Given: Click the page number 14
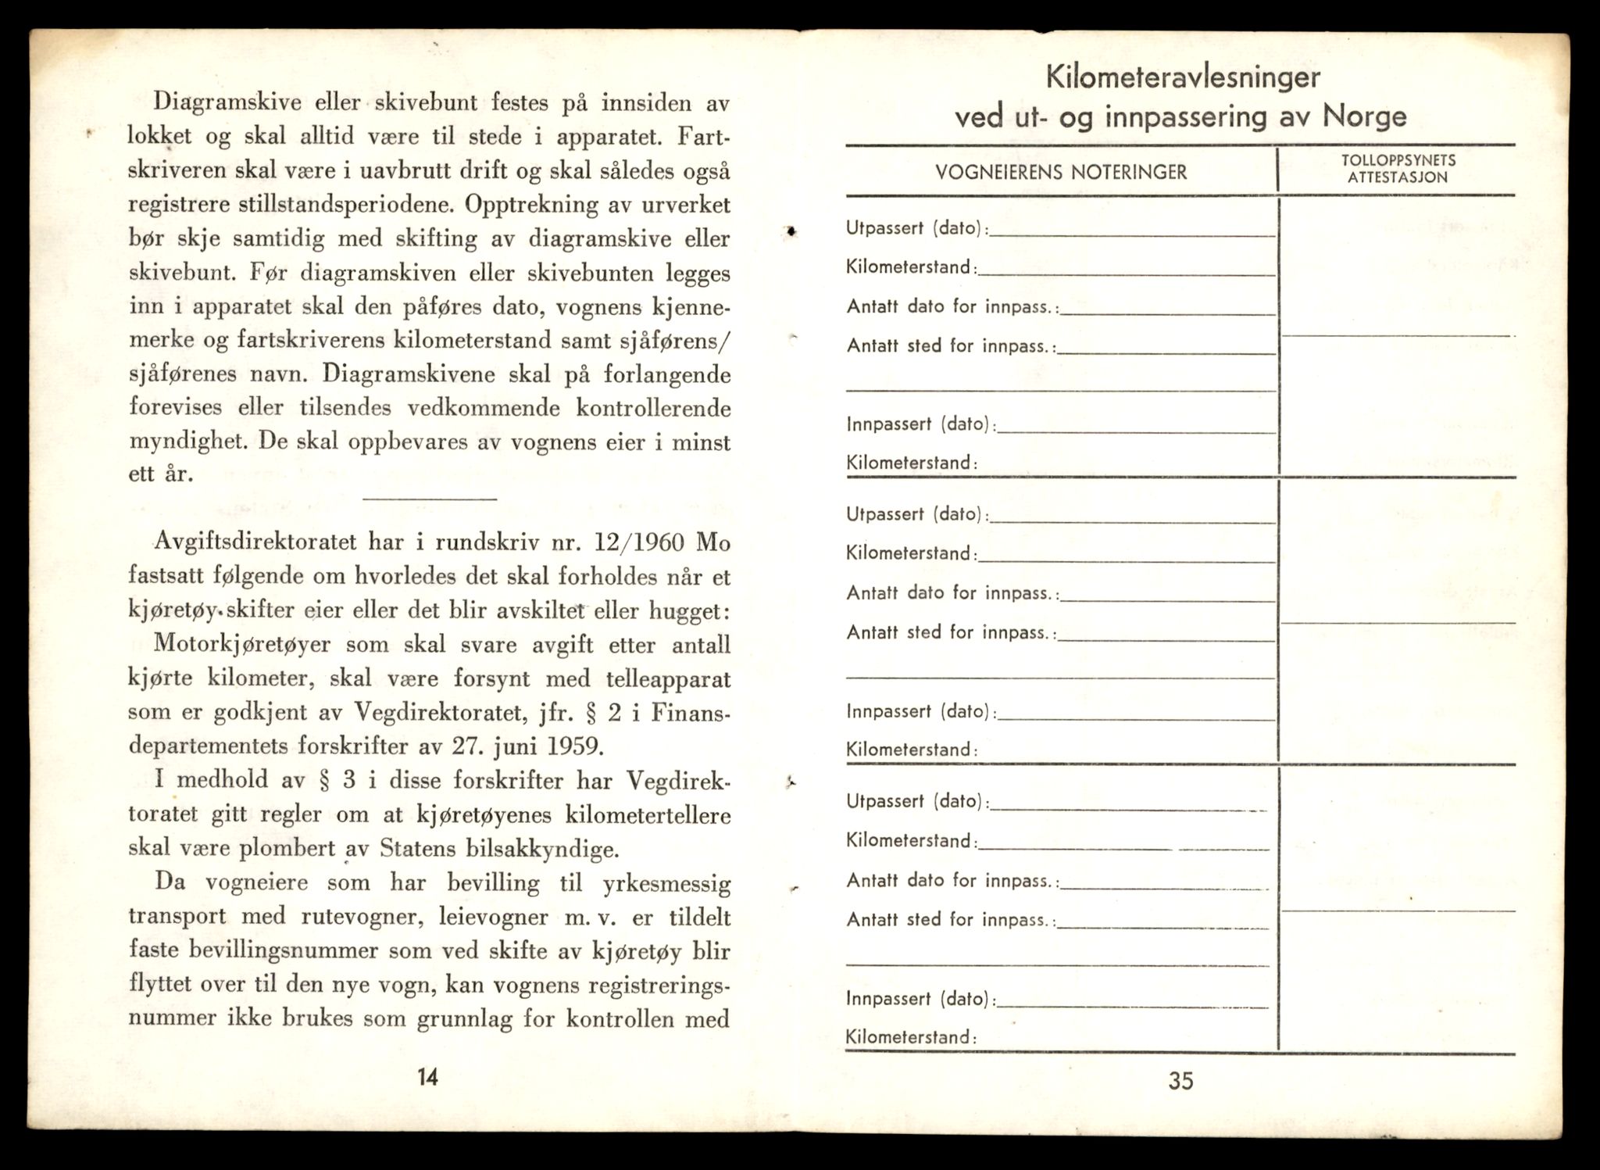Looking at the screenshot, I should pyautogui.click(x=427, y=1077).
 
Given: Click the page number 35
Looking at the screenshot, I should pyautogui.click(x=1180, y=1081).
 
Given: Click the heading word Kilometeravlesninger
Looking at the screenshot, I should pyautogui.click(x=1183, y=77).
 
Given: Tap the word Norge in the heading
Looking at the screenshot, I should pyautogui.click(x=1365, y=117).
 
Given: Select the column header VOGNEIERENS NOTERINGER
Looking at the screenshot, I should pyautogui.click(x=1061, y=173).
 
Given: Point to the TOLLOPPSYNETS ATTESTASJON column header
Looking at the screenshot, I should pyautogui.click(x=1398, y=169).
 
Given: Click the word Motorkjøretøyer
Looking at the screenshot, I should pyautogui.click(x=243, y=644).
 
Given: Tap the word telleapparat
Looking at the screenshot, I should pyautogui.click(x=658, y=678).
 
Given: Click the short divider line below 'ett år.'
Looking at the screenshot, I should pyautogui.click(x=430, y=499).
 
